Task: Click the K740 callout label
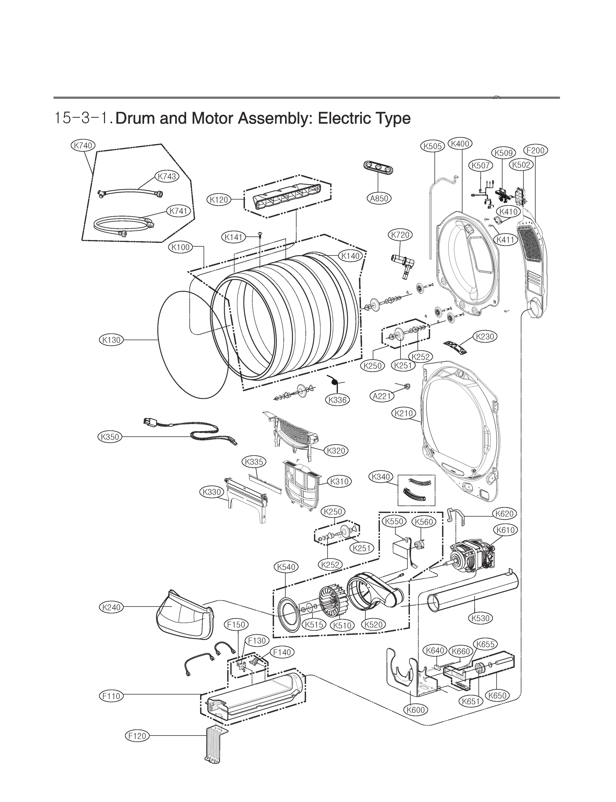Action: tap(83, 145)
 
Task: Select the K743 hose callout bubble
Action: tap(167, 176)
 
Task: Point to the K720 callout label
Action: tap(400, 235)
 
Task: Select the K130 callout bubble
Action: tap(111, 340)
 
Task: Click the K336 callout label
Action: tap(337, 400)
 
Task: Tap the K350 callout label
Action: tap(110, 437)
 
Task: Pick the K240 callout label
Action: tap(111, 608)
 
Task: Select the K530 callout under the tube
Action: tap(480, 618)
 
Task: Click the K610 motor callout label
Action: tap(506, 530)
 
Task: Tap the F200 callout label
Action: tap(536, 150)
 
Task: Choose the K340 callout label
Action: tap(381, 477)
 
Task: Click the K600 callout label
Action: tap(416, 710)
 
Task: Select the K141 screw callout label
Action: tap(234, 237)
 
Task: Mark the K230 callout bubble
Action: tap(485, 337)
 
